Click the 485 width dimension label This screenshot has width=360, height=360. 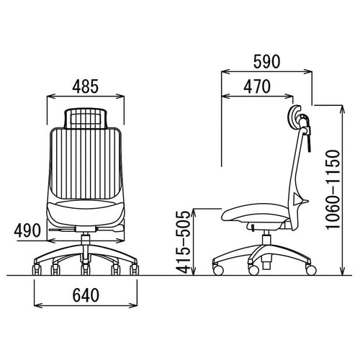pyautogui.click(x=86, y=86)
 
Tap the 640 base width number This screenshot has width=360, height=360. pyautogui.click(x=86, y=295)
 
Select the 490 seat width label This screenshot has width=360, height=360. pyautogui.click(x=27, y=230)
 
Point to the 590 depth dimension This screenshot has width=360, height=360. pyautogui.click(x=266, y=61)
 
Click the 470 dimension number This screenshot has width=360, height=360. pyautogui.click(x=257, y=86)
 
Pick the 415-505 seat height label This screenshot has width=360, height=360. pyautogui.click(x=183, y=242)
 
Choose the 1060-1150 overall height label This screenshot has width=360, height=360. pyautogui.click(x=333, y=189)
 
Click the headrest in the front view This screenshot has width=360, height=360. pyautogui.click(x=86, y=119)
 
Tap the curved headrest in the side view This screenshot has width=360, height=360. pyautogui.click(x=294, y=117)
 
